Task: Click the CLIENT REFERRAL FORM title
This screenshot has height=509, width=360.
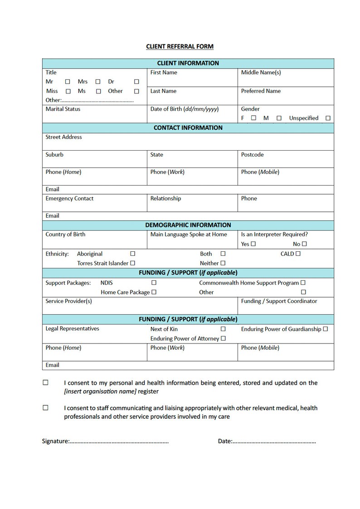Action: [180, 46]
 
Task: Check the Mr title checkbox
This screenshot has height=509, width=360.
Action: [68, 82]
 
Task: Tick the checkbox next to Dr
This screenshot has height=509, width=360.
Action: [136, 82]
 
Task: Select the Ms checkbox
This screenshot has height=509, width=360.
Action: [98, 91]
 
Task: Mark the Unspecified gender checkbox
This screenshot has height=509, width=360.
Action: [328, 118]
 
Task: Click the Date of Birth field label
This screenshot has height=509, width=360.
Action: [184, 109]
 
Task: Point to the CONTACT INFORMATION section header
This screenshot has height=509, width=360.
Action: [188, 128]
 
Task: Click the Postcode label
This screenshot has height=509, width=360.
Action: [252, 155]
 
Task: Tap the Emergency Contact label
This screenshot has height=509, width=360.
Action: [69, 198]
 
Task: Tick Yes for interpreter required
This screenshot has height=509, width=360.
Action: [253, 244]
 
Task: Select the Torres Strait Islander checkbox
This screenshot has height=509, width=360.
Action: [133, 263]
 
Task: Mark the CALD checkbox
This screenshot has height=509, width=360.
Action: [298, 254]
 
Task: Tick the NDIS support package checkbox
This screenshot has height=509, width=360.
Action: [154, 283]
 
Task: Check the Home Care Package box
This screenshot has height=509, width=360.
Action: [154, 292]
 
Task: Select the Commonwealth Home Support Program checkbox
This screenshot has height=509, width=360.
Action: [303, 283]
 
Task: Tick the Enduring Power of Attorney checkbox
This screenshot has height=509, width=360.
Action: [223, 338]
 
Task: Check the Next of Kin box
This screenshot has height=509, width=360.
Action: [223, 329]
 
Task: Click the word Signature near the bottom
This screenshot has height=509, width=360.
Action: [55, 441]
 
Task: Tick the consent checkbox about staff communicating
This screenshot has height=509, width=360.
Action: [45, 407]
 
